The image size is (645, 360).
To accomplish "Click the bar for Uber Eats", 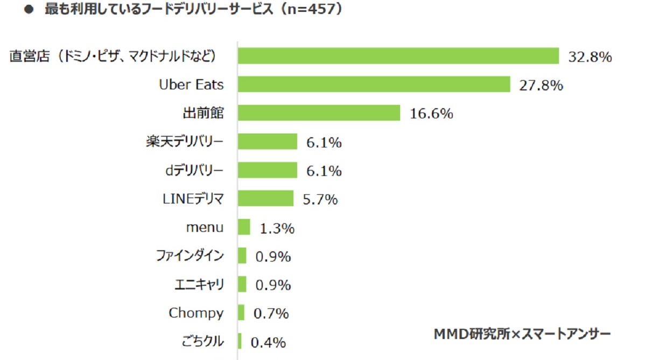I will [x=374, y=84].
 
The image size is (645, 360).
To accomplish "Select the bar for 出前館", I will [x=319, y=113].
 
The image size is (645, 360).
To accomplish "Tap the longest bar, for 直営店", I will [x=398, y=56].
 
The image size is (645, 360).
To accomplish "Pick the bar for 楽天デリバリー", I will [x=267, y=142].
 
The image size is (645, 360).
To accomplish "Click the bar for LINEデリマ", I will [x=265, y=199].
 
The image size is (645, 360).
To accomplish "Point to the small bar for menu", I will [x=244, y=227].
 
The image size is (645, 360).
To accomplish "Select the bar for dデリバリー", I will [x=267, y=170].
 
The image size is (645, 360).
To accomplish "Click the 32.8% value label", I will [x=590, y=57].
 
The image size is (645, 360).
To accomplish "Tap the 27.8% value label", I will [x=541, y=85].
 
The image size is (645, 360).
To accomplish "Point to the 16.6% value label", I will [x=431, y=114].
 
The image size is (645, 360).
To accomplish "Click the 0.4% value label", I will [x=268, y=342].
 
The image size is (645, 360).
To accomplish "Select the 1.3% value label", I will [x=277, y=228].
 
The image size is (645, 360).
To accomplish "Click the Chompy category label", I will [x=196, y=313].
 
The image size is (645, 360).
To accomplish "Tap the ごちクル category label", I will [x=204, y=341].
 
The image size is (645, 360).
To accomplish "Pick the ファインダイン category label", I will [x=190, y=256].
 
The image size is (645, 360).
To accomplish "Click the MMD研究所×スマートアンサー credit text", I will [x=522, y=334].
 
